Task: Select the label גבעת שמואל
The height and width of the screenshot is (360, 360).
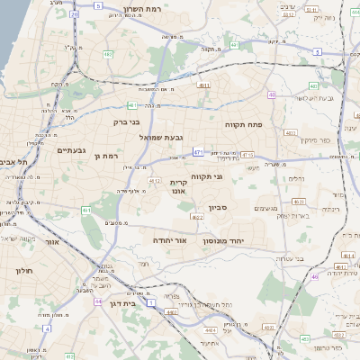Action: [x=162, y=137]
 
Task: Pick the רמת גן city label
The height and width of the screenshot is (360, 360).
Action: [x=106, y=156]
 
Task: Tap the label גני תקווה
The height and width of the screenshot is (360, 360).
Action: [x=232, y=176]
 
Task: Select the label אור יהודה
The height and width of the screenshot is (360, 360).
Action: [x=168, y=240]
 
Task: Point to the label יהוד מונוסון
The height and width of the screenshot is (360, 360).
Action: [x=219, y=241]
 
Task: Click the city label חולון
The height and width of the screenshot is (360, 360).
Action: [x=23, y=269]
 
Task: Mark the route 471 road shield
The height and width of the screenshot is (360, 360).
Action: [x=198, y=153]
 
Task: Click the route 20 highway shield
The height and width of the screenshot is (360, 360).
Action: [x=74, y=14]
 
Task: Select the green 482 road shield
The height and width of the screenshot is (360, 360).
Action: [x=108, y=54]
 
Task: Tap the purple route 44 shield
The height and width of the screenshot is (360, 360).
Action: [x=96, y=302]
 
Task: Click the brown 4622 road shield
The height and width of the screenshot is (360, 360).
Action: [x=197, y=217]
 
